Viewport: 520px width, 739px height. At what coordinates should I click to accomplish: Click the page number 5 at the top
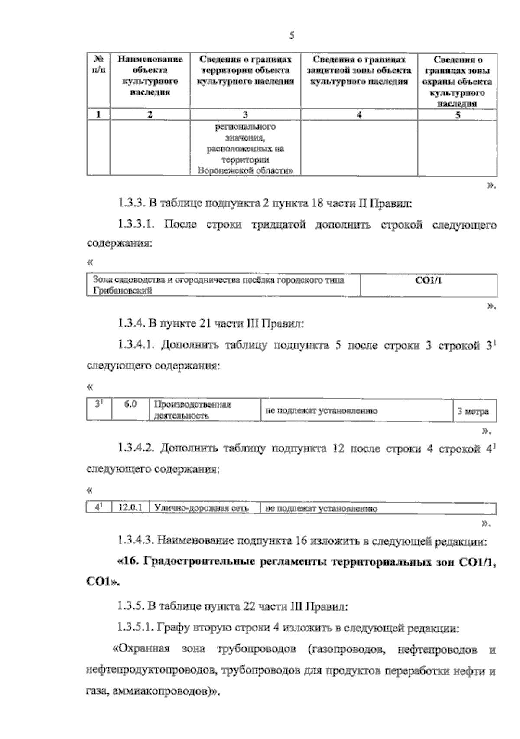(292, 36)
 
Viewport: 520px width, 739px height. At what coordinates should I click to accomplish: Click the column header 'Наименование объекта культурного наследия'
(150, 75)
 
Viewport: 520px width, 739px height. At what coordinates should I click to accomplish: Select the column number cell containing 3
(245, 114)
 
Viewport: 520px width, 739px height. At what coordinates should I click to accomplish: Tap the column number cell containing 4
(359, 114)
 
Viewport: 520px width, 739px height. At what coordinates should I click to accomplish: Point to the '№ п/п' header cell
(98, 65)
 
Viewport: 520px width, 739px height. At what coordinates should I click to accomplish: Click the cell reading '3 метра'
(473, 411)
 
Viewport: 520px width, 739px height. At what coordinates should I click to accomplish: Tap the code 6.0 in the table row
(130, 405)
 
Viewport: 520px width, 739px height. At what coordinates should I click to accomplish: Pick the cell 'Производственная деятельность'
(192, 410)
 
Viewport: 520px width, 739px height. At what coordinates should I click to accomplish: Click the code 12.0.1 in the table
(130, 508)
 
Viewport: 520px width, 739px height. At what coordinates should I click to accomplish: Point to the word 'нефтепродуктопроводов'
(151, 671)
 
